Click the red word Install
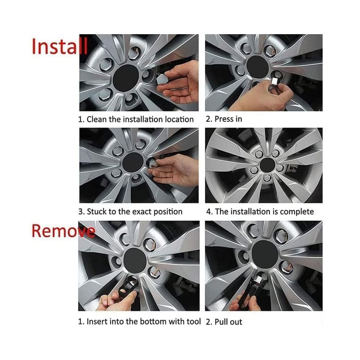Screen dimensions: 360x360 (60, 47)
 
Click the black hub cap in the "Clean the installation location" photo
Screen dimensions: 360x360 (126, 77)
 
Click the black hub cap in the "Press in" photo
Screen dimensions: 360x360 (258, 67)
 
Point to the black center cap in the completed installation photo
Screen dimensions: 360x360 (266, 165)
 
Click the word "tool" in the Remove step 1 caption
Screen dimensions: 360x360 (193, 321)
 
